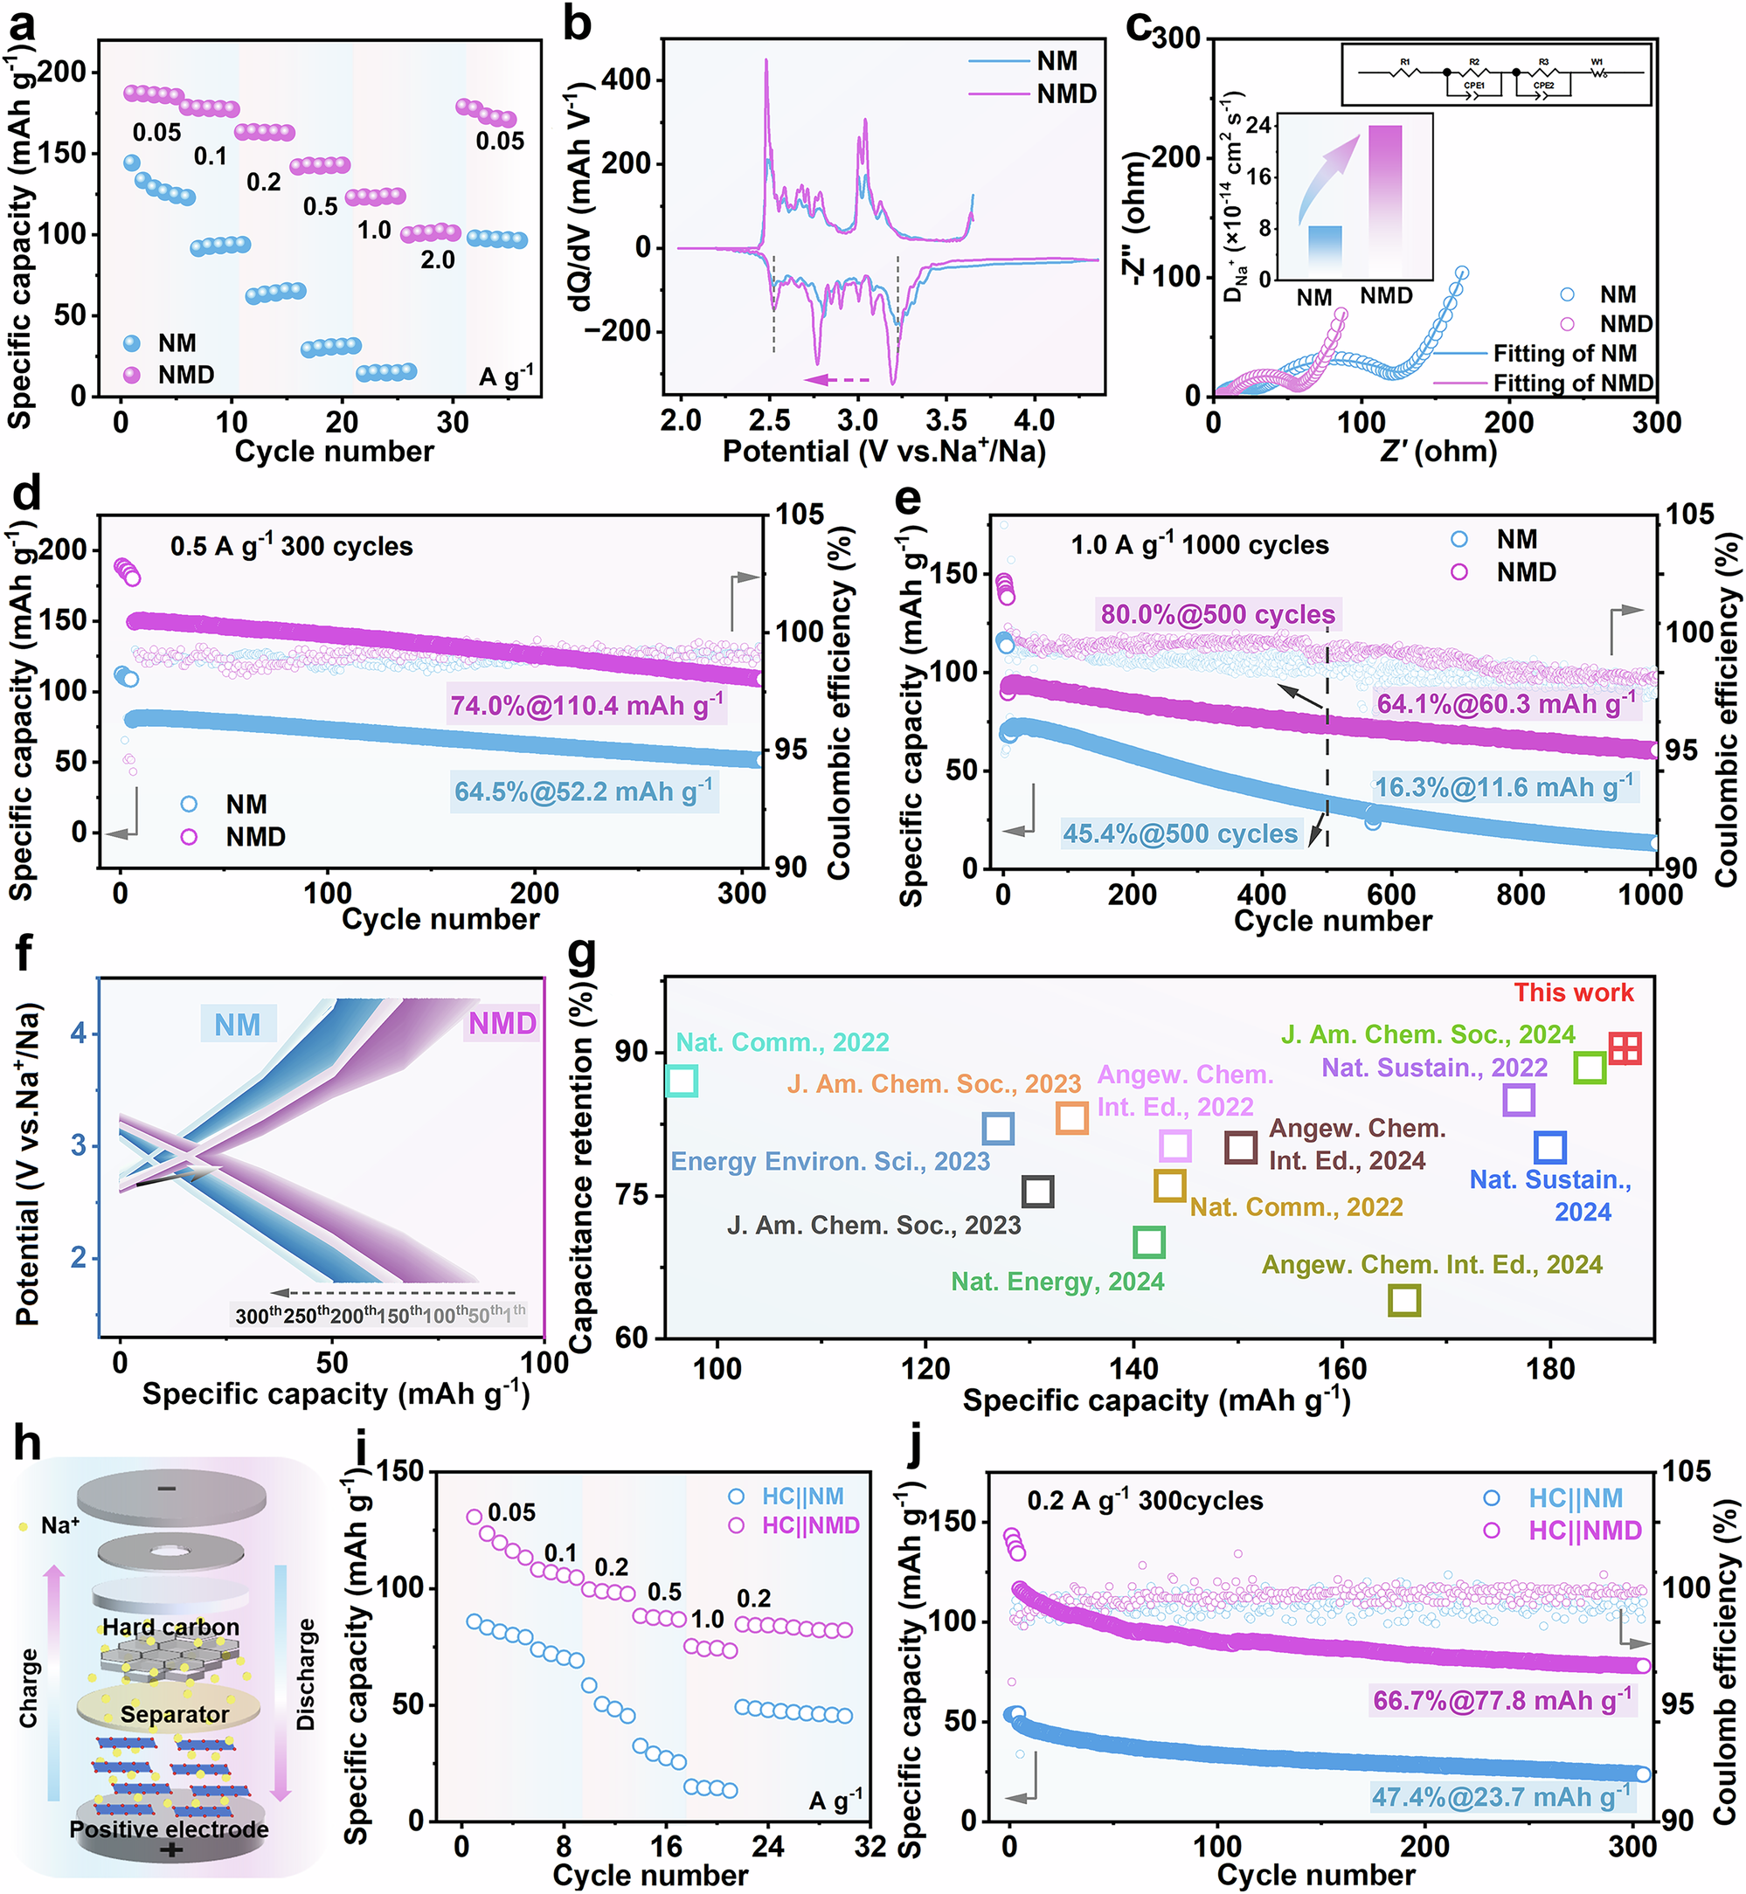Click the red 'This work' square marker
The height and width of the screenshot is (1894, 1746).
[x=1625, y=1047]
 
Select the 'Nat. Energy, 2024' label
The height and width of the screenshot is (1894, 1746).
[x=1057, y=1282]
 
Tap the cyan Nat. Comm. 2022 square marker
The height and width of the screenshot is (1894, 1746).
[x=682, y=1081]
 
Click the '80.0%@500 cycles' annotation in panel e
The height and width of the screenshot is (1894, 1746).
[x=1217, y=615]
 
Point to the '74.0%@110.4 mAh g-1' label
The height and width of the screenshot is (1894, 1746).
[x=585, y=705]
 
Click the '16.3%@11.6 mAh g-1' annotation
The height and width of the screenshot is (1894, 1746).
[x=1502, y=787]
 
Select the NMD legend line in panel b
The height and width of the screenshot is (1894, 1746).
[x=998, y=93]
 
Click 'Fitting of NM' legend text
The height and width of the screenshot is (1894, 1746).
[x=1563, y=353]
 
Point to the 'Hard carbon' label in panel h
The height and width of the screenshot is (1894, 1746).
[x=171, y=1627]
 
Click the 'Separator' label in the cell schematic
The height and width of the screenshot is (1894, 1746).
[x=174, y=1713]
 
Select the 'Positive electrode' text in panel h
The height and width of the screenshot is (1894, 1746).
[x=170, y=1828]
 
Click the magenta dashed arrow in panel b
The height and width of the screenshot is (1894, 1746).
[x=835, y=380]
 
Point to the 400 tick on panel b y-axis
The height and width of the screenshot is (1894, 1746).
[x=627, y=79]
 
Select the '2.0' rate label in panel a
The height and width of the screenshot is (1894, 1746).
[x=438, y=259]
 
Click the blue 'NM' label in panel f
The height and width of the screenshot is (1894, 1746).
[x=237, y=1024]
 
